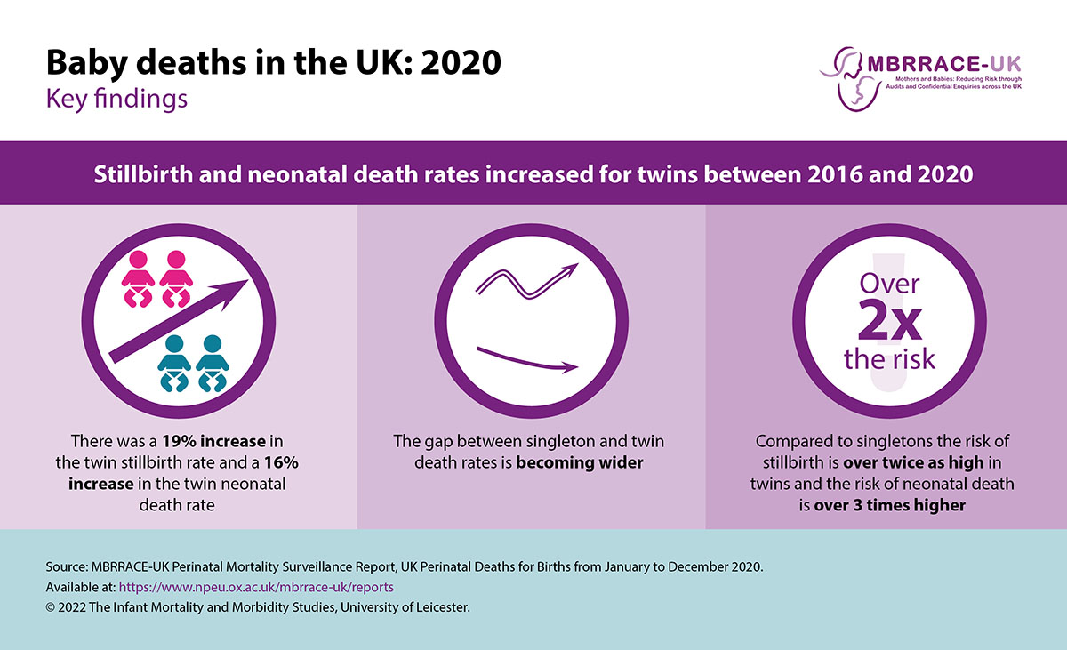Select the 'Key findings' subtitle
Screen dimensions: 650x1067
tap(116, 98)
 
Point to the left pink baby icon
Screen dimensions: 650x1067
tap(138, 278)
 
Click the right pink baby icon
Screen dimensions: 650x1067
tap(176, 278)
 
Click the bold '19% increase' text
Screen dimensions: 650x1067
tap(206, 442)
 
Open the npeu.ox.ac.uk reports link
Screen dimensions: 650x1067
tap(256, 588)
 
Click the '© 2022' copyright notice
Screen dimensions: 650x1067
tap(68, 608)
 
